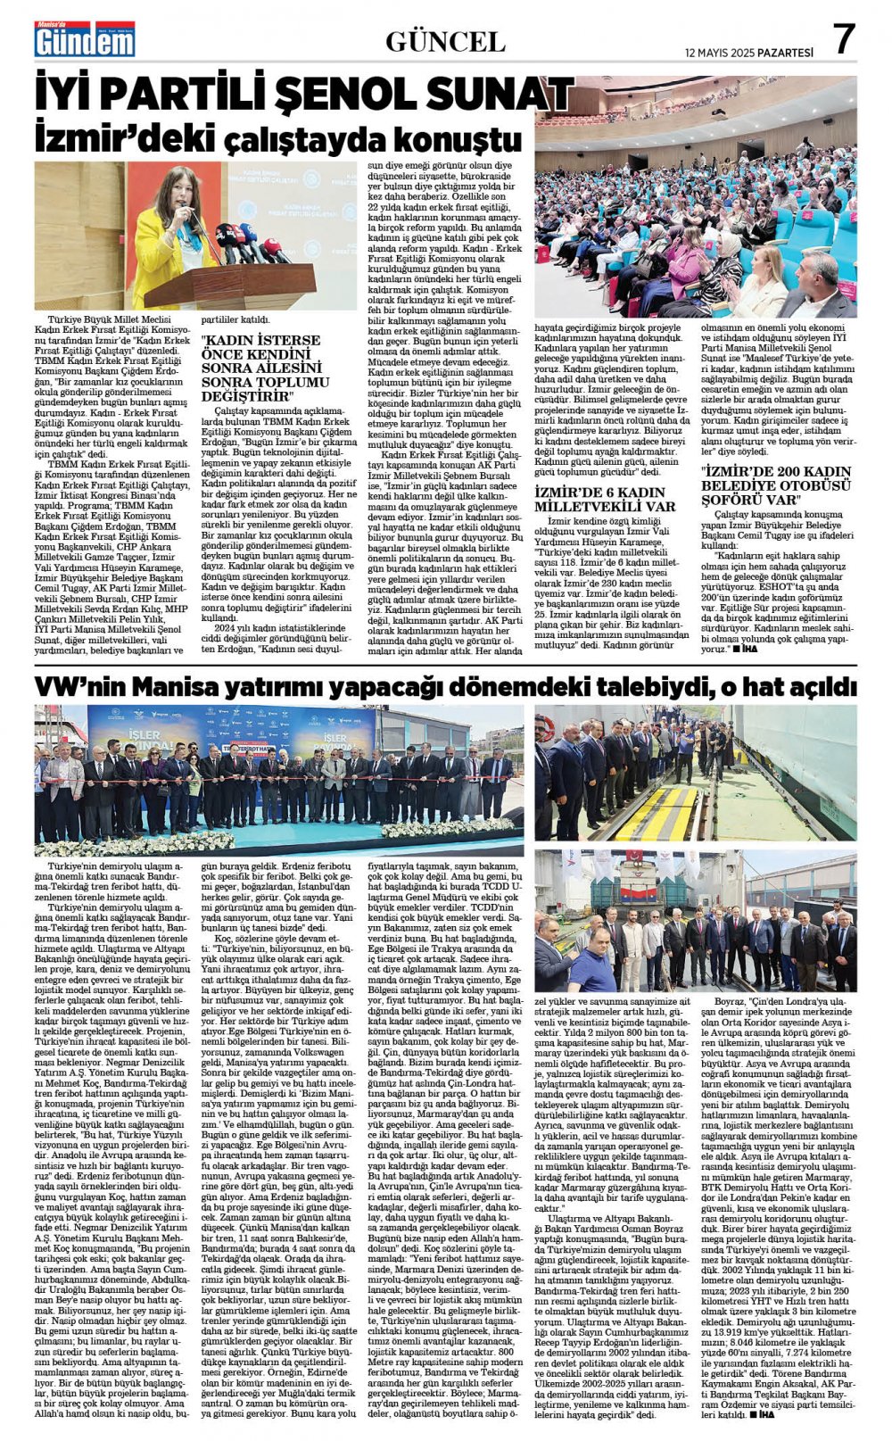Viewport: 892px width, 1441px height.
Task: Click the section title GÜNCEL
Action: (445, 41)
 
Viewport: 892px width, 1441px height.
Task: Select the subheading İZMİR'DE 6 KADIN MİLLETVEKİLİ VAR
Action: (604, 499)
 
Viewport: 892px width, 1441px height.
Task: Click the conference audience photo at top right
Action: (696, 196)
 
